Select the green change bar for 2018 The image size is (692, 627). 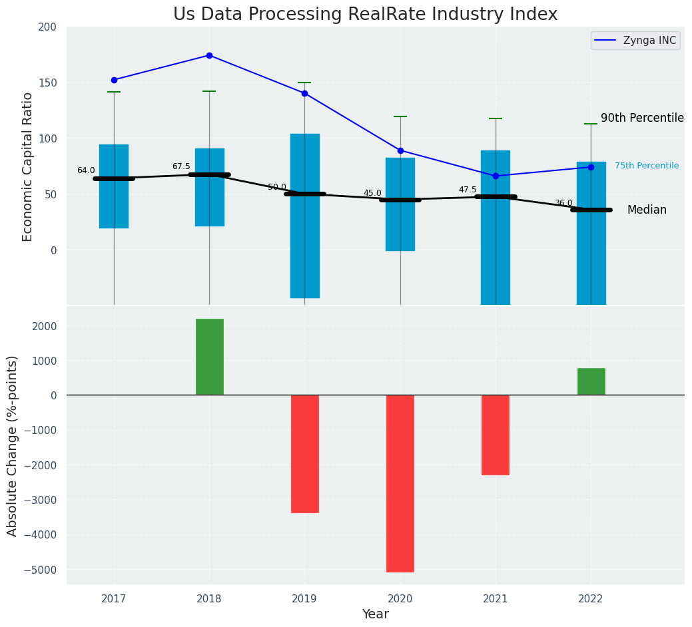tap(209, 357)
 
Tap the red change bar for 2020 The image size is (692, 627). tap(400, 483)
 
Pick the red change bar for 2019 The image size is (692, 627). tap(304, 453)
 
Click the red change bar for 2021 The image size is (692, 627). tap(495, 435)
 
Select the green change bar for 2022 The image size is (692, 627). tap(591, 381)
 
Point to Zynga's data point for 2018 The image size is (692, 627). tap(209, 55)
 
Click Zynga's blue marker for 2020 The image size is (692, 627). tap(400, 150)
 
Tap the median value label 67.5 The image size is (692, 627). tap(181, 166)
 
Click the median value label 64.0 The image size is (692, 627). tap(86, 170)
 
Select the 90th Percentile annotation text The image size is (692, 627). tap(642, 118)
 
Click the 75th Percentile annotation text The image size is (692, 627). tap(646, 166)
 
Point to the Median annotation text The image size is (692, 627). tap(646, 210)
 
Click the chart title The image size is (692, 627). tap(365, 15)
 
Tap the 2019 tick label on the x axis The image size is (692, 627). tap(304, 599)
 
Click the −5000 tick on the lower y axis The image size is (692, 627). tap(41, 570)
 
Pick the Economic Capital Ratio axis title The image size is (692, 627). tap(28, 166)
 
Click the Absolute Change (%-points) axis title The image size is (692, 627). tap(13, 445)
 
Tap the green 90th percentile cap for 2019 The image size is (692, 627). tap(304, 83)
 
